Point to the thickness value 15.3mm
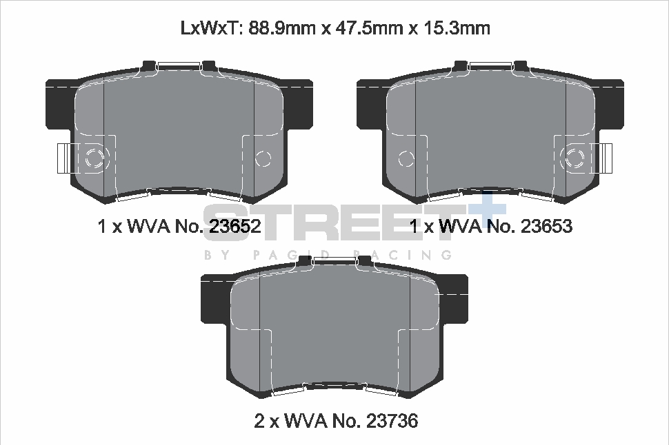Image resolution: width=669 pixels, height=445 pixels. click(456, 28)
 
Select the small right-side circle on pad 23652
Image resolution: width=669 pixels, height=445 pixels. click(263, 158)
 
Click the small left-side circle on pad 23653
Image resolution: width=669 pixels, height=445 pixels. click(406, 159)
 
